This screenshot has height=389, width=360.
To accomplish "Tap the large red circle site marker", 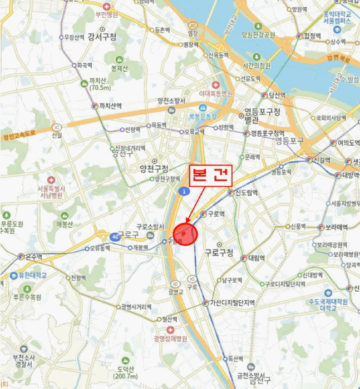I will click(186, 233).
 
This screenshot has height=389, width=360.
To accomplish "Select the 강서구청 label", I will click(102, 37).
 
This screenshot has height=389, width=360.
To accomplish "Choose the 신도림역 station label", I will click(245, 193).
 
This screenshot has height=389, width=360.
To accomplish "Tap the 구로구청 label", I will click(219, 253).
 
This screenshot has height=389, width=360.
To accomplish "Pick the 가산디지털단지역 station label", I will click(232, 303).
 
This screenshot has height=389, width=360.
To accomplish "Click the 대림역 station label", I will click(257, 258).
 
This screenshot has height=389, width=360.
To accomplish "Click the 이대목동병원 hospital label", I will click(215, 94).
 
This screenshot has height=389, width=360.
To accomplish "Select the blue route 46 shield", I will click(114, 236).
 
